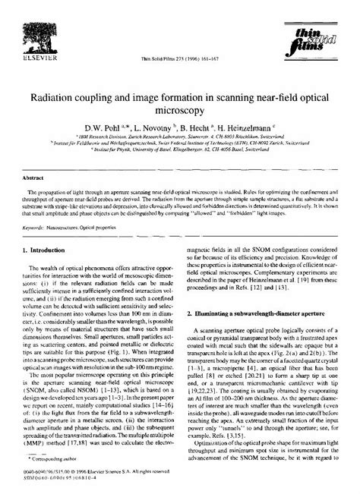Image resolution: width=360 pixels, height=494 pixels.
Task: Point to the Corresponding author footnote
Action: pyautogui.click(x=58, y=461)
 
